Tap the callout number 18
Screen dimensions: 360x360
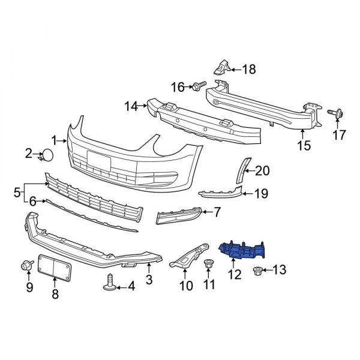248,70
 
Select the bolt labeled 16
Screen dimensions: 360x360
198,88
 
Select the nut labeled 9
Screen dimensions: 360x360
26,265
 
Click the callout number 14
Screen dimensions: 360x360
131,107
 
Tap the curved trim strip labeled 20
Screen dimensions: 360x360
242,170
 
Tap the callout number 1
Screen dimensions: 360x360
54,141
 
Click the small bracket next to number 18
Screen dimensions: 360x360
222,68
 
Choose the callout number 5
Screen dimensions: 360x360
16,193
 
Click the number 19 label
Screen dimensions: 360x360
260,193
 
